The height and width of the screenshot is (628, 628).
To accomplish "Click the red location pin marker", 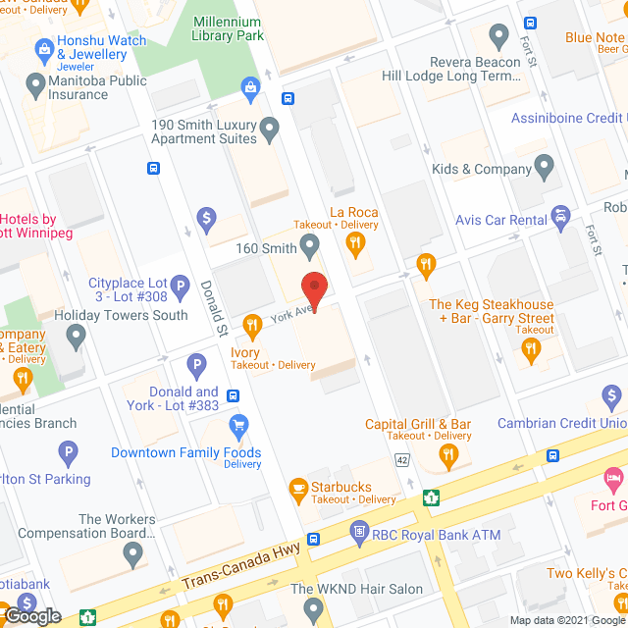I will pyautogui.click(x=314, y=288).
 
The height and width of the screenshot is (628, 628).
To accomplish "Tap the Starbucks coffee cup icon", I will pyautogui.click(x=297, y=487).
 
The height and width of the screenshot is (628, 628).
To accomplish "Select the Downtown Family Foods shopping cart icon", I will pyautogui.click(x=237, y=426).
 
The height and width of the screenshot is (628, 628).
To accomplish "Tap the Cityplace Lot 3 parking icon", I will pyautogui.click(x=180, y=288).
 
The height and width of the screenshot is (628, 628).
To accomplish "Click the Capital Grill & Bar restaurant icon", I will pyautogui.click(x=448, y=453).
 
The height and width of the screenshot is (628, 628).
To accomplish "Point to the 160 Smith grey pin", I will pyautogui.click(x=310, y=244).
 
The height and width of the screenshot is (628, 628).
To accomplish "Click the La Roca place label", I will pyautogui.click(x=353, y=212).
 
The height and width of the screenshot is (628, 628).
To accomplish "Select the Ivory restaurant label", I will pyautogui.click(x=245, y=352).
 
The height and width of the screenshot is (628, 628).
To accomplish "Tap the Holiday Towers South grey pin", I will pyautogui.click(x=77, y=338).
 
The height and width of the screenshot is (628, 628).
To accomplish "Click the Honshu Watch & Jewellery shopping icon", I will pyautogui.click(x=43, y=48).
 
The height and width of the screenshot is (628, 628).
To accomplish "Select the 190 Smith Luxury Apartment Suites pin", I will pyautogui.click(x=270, y=127).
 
